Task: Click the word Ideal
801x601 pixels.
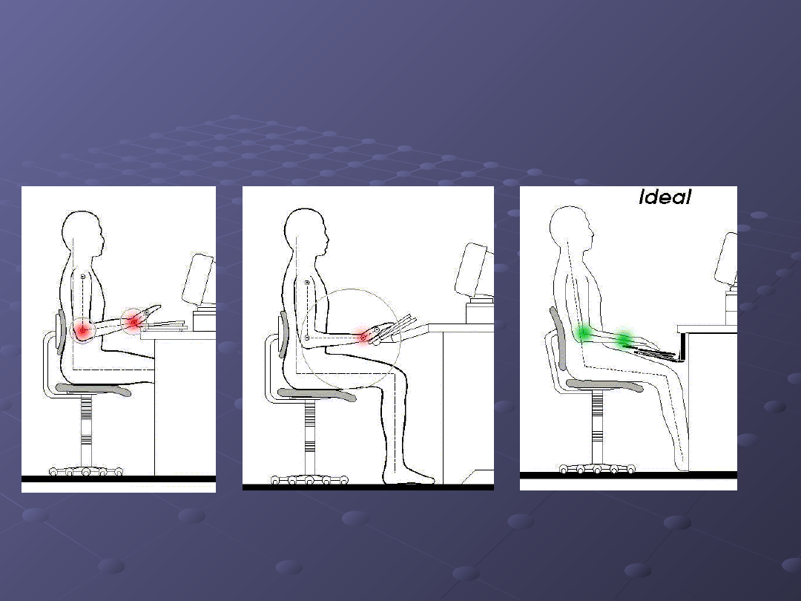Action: tap(665, 197)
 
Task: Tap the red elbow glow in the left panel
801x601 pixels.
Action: tap(82, 331)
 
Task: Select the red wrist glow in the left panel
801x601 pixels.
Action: tap(133, 321)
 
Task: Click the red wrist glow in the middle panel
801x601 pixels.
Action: tap(363, 338)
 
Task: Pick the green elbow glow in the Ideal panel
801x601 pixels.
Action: tap(584, 332)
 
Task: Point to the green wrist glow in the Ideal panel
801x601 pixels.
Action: tap(624, 339)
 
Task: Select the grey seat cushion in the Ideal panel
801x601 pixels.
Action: tap(605, 385)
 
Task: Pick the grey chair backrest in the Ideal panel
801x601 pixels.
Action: tap(558, 338)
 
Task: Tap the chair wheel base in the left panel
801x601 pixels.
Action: tap(86, 471)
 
